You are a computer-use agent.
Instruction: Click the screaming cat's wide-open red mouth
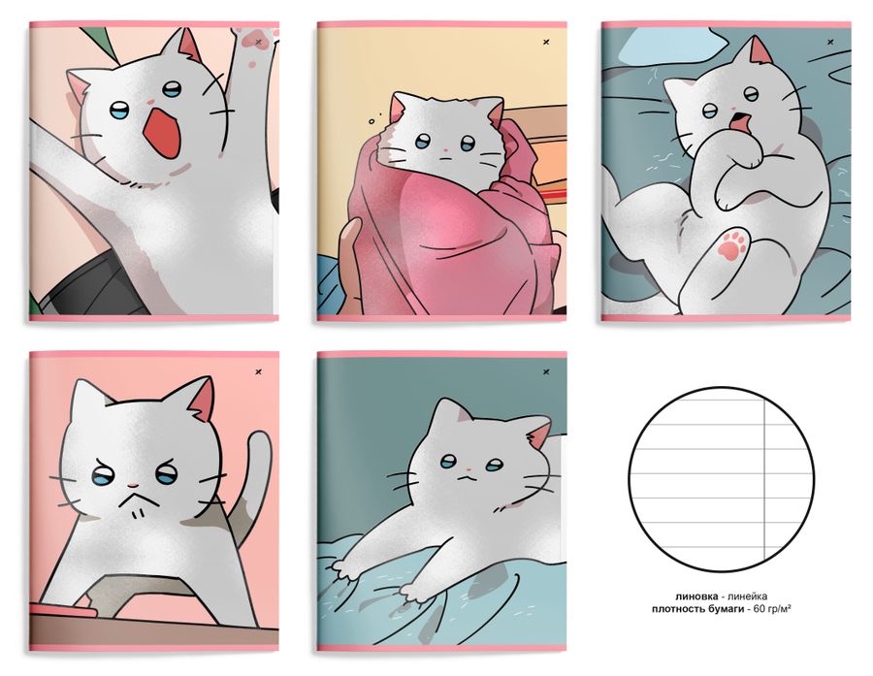pos(162,136)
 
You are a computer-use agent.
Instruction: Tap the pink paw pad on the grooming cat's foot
pos(731,245)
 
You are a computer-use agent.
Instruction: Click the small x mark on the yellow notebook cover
pos(546,42)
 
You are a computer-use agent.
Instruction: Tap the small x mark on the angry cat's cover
pos(258,371)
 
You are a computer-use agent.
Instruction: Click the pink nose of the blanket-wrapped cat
pos(445,151)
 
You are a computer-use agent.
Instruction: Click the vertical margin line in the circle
pos(765,479)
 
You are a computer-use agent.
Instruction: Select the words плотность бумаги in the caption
pos(697,609)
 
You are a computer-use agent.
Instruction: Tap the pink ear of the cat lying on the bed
pos(540,434)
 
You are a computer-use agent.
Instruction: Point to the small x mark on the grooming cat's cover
pos(830,42)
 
